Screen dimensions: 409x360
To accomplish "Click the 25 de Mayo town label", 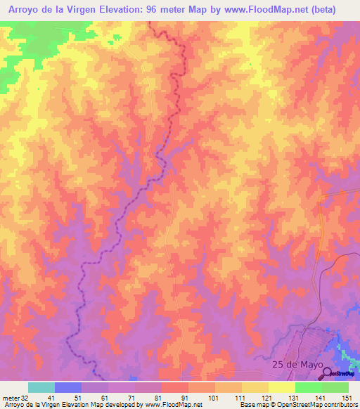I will click(x=297, y=365).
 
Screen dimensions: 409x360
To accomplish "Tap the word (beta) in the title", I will click(x=336, y=9).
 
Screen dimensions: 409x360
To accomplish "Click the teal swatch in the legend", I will click(x=41, y=387).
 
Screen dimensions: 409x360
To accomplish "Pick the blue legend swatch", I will click(x=68, y=387).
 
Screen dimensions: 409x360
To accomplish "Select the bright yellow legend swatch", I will click(x=281, y=387).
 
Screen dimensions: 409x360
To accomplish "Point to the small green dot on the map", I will click(x=250, y=65).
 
